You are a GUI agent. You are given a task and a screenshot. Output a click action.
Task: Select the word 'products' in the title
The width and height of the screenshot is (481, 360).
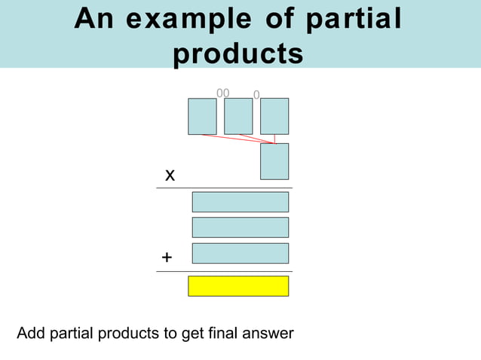point(238,53)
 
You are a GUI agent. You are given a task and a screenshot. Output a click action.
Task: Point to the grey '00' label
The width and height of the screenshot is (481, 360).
point(223,93)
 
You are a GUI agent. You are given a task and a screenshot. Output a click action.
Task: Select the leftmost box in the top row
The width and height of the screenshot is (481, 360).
point(202,116)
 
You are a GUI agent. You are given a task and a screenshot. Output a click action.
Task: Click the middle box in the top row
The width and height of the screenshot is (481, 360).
point(238,116)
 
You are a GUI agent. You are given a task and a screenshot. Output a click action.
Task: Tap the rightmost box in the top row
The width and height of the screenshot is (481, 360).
point(274,116)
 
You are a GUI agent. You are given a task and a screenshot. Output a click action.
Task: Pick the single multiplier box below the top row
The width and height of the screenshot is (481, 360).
point(274,161)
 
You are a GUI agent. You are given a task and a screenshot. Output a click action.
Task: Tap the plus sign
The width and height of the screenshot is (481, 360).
point(167,258)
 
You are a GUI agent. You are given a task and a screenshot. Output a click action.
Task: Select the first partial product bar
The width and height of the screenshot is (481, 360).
point(240,202)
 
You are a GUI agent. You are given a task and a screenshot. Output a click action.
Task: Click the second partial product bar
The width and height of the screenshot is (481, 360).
point(240,227)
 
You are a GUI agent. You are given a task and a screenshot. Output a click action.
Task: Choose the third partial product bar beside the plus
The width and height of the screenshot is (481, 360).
point(240,253)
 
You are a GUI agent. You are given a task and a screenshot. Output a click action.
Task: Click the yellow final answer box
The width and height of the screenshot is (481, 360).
point(238,286)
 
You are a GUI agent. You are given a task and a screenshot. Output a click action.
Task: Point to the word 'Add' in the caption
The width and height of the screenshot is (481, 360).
point(31,333)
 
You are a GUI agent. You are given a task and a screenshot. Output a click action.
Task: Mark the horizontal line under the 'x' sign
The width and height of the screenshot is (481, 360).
point(224,188)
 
